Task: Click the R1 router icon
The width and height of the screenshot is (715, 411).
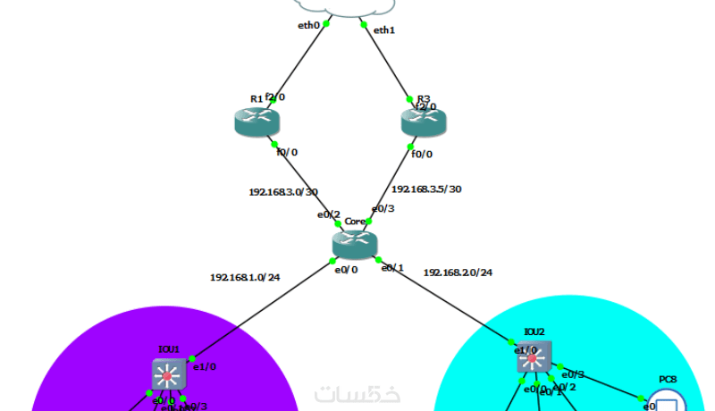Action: coord(257,123)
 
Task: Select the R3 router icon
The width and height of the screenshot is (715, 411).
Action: coord(423,123)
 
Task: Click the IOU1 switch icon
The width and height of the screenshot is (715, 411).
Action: coord(167,373)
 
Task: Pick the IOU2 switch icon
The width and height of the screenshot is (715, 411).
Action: coord(534,357)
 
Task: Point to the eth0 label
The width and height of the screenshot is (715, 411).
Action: coord(308,25)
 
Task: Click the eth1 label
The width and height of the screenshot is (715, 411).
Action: coord(383,30)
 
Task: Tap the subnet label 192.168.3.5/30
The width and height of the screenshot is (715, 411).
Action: coord(426,189)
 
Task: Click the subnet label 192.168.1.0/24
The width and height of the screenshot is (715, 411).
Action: coord(245,277)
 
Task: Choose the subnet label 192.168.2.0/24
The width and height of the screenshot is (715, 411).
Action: coord(458,272)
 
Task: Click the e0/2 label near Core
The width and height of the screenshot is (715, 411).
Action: coord(328,214)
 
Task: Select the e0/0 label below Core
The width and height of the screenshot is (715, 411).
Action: coord(346,269)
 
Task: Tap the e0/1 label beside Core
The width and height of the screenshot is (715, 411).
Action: coord(392,267)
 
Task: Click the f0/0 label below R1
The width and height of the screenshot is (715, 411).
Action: coord(286,152)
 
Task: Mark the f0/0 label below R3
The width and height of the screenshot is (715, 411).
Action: coord(421,154)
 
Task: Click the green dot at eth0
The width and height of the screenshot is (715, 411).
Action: coord(325,24)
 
